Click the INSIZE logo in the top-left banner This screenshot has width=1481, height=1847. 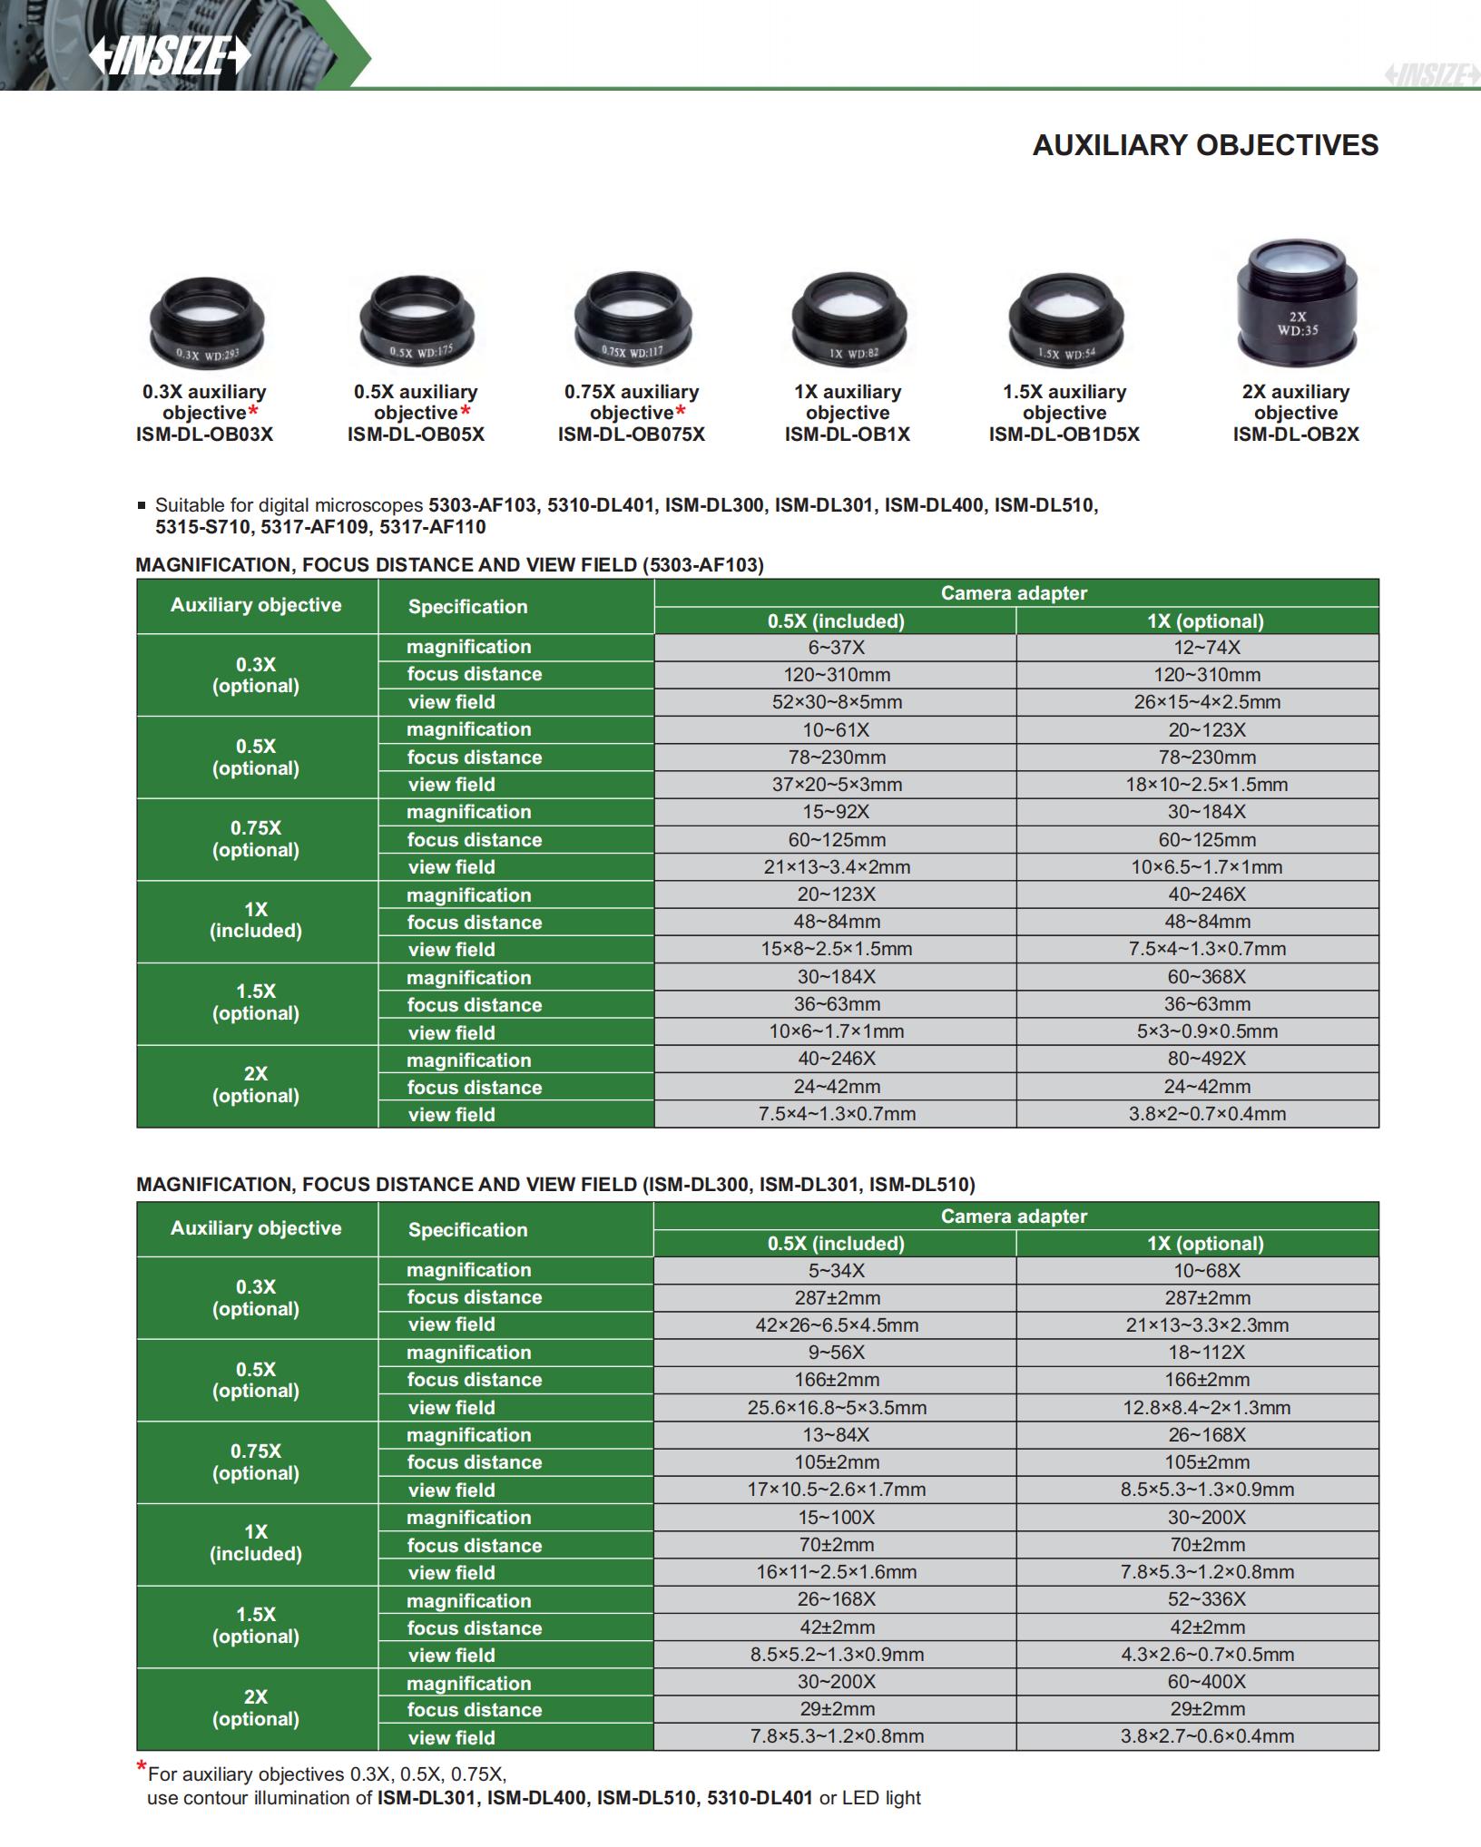pos(169,57)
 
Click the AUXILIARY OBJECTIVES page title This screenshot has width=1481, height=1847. pos(1204,145)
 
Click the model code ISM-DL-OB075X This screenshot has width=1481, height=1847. pos(631,435)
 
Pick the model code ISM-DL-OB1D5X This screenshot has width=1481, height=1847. pos(1064,435)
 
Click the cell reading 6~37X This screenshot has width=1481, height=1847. pos(836,648)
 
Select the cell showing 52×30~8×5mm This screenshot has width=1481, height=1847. pos(836,702)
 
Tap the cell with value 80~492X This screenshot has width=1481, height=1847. pos(1206,1059)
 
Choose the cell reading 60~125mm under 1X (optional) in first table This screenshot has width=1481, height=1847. pos(1206,840)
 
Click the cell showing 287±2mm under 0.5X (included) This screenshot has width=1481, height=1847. pos(836,1298)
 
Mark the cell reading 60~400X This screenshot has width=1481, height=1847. pos(1206,1682)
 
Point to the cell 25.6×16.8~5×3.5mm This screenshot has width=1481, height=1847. pos(836,1408)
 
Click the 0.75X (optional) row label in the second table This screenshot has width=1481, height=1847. pos(256,1461)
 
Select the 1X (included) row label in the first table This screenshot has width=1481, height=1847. pos(256,921)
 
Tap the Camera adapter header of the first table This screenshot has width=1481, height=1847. pos(1014,593)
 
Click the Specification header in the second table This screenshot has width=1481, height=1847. pos(467,1230)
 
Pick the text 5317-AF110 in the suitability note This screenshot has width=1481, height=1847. pos(433,528)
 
